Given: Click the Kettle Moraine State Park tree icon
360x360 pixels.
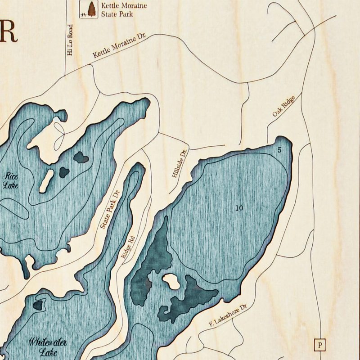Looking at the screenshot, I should coord(92,9).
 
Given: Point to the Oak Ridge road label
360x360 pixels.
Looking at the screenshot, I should coord(283,107).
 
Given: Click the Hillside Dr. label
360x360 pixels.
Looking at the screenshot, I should coord(179,164).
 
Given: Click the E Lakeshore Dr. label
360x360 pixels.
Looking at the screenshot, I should coord(229,315).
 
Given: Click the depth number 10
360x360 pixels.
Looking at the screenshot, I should coord(238,208).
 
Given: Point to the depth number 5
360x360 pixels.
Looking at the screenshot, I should coord(279,150).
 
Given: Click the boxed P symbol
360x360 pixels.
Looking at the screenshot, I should coord(319,345).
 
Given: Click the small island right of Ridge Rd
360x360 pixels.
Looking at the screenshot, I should coord(171,281).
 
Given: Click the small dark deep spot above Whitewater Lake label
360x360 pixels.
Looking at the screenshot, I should coord(37,305).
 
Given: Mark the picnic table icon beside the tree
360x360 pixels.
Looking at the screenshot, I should coord(84,14).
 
